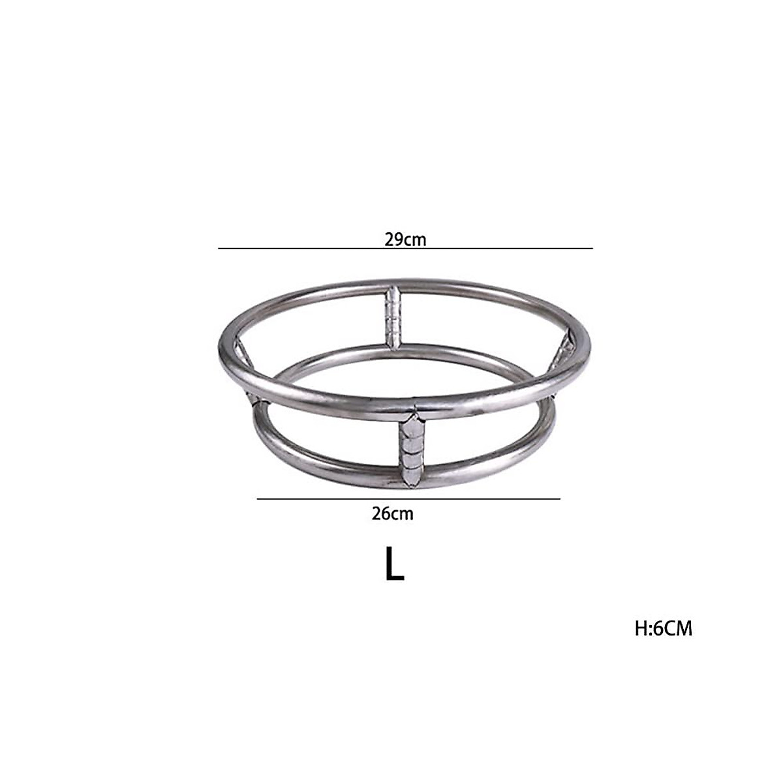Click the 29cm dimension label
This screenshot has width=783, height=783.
coord(405,239)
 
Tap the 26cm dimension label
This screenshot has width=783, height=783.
coord(392,514)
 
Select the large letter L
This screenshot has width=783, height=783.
coord(394,564)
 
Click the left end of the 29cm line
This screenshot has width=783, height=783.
coord(219,249)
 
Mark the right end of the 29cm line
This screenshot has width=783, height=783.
coord(592,249)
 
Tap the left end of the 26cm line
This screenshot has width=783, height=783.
coord(257,499)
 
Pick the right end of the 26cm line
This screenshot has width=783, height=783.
coord(560,499)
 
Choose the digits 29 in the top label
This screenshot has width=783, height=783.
coord(393,239)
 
